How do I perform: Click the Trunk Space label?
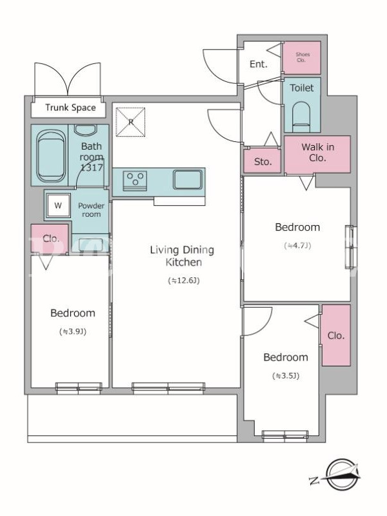pos(70,108)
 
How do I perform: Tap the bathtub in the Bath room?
pos(50,156)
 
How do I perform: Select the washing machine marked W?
pos(58,206)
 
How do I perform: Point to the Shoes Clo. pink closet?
pos(302,57)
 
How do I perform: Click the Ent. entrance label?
pos(259,64)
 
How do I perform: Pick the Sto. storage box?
pos(263,161)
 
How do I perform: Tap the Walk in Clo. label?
pos(317,152)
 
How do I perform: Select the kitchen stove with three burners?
pos(135,181)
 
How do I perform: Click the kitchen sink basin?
pos(188,179)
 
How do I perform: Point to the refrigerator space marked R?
pos(130,122)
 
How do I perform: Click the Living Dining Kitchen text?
pos(182,255)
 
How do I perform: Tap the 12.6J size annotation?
pos(184,281)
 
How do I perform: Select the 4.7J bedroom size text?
pos(297,246)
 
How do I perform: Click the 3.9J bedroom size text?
pos(73,332)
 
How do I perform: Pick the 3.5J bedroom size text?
pos(286,376)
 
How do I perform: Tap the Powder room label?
pos(91,210)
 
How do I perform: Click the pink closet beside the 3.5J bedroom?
pos(336,335)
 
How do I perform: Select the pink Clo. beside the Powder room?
pos(50,239)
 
